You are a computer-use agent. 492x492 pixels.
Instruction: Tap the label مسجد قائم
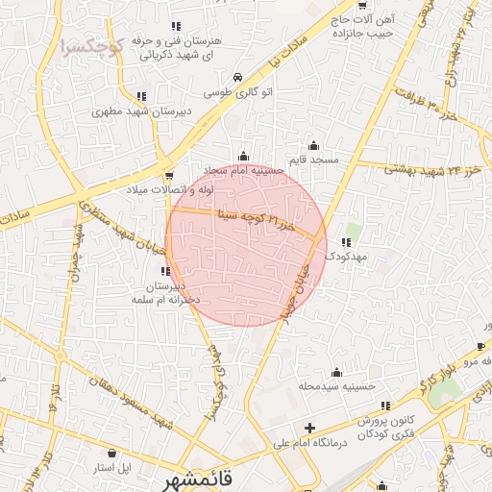[314, 160]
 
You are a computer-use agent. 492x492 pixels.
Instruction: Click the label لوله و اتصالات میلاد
[170, 189]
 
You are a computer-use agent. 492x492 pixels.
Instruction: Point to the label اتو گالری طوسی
[236, 94]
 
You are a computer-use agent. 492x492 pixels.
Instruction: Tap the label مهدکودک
[345, 257]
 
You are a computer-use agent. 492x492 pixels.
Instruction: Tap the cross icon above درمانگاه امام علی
[309, 428]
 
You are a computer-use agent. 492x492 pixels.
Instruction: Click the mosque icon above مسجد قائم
[314, 145]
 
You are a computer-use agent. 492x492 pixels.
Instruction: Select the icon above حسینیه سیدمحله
[336, 372]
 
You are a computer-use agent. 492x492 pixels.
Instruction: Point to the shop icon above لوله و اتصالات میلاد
[170, 175]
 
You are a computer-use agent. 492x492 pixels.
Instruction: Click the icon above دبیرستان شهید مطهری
[141, 95]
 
